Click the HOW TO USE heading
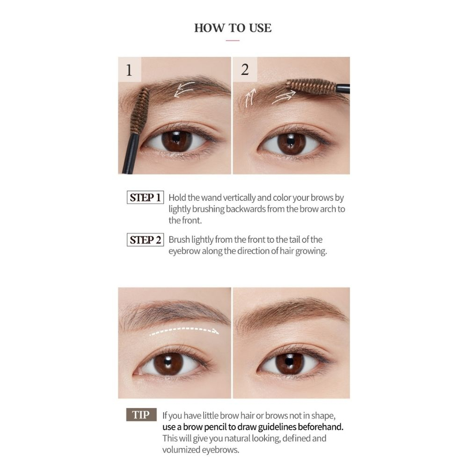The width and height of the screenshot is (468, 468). (x=233, y=28)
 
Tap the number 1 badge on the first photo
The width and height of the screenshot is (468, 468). (x=130, y=69)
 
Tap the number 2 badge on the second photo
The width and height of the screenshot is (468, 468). (x=245, y=69)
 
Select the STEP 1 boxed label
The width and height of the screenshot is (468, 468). (x=146, y=197)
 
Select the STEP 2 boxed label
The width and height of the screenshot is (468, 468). (x=146, y=240)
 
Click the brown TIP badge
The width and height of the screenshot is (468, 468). (x=141, y=415)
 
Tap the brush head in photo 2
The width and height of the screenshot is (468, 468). (x=311, y=86)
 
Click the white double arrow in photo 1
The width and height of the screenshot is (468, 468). (x=184, y=89)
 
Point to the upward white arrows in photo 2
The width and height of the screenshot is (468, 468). (x=250, y=98)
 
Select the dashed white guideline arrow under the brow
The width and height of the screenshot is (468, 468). (x=184, y=331)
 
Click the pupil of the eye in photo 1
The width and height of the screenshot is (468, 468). (x=176, y=139)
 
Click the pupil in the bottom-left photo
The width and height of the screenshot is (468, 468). (x=168, y=362)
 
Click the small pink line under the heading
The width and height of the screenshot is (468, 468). (x=233, y=40)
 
